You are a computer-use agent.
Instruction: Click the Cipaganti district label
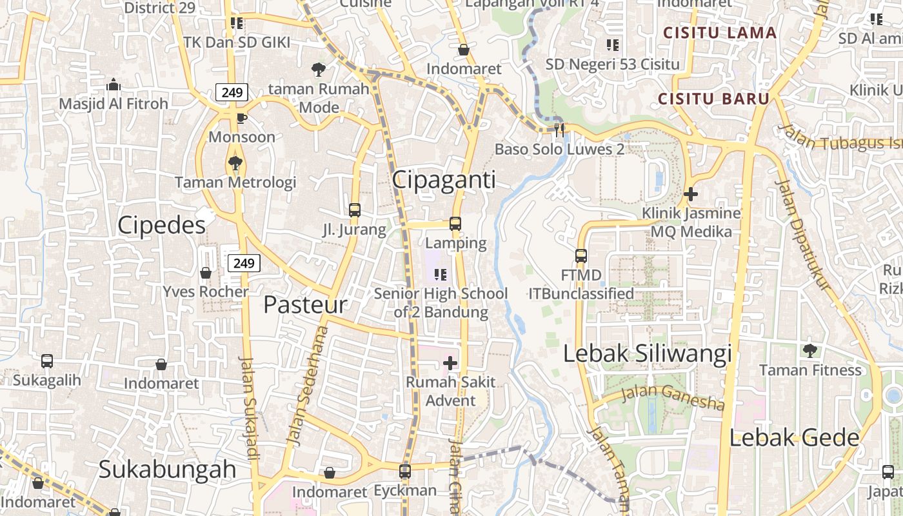tap(444, 180)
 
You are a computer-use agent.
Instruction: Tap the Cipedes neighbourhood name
tap(161, 225)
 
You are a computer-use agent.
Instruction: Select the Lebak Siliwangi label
tap(648, 354)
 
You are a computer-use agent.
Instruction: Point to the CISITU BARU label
tap(714, 99)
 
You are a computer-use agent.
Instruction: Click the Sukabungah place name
tap(167, 469)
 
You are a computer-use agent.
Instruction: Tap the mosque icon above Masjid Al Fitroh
tap(114, 85)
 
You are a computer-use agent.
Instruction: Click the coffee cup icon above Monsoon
tap(241, 118)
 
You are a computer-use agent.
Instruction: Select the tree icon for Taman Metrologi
tap(235, 163)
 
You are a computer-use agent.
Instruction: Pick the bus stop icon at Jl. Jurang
tap(355, 210)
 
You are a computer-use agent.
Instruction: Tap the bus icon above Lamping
tap(455, 224)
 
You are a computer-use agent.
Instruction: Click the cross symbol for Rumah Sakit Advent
tap(450, 363)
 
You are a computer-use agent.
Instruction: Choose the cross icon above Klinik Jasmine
tap(691, 193)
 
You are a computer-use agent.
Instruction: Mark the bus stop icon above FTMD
tap(581, 256)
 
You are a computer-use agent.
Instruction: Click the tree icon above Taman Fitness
tap(810, 351)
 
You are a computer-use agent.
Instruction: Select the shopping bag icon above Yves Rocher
tap(206, 273)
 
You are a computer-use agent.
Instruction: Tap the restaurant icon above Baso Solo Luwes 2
tap(559, 130)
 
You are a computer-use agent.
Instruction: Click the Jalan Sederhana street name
tap(306, 386)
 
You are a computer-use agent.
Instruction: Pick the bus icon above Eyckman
tap(405, 471)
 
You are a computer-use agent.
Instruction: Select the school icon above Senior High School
tap(441, 275)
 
